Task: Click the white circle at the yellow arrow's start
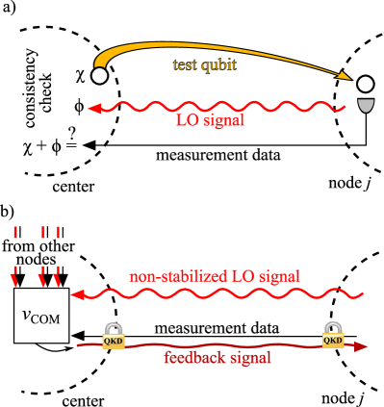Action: pyautogui.click(x=99, y=75)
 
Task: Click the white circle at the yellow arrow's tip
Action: pyautogui.click(x=365, y=85)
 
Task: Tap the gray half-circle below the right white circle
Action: pyautogui.click(x=365, y=104)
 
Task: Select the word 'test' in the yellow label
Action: pyautogui.click(x=184, y=65)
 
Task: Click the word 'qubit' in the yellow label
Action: pyautogui.click(x=218, y=65)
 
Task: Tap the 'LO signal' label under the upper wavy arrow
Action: pyautogui.click(x=210, y=121)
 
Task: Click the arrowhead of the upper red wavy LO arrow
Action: pyautogui.click(x=93, y=109)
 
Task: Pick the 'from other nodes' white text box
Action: pyautogui.click(x=38, y=252)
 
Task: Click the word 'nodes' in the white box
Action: pyautogui.click(x=38, y=260)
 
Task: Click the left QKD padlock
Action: pyautogui.click(x=114, y=336)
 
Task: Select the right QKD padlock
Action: pyautogui.click(x=333, y=336)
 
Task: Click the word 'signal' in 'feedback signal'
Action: pyautogui.click(x=248, y=358)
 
